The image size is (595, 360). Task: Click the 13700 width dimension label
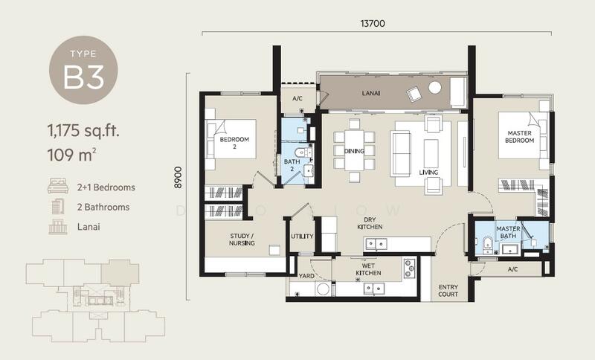(x=373, y=24)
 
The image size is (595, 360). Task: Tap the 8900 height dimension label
(x=178, y=178)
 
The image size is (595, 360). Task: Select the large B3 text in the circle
(x=83, y=77)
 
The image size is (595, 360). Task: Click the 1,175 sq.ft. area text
(x=83, y=131)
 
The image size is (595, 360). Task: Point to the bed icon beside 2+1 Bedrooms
(x=58, y=186)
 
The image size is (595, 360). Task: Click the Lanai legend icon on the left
(x=58, y=226)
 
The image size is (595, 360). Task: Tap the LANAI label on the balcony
(x=370, y=93)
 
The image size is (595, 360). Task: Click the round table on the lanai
(x=435, y=88)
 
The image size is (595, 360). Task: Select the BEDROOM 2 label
(x=234, y=143)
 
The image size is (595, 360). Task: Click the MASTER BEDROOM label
(x=519, y=137)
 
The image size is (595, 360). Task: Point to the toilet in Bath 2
(x=301, y=152)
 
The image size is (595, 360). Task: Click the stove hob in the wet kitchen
(x=410, y=269)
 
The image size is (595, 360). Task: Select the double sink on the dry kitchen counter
(x=376, y=243)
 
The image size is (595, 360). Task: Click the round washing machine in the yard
(x=323, y=289)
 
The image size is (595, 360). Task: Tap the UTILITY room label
(x=302, y=237)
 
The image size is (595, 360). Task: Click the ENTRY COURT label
(x=448, y=291)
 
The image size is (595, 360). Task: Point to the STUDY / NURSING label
(x=242, y=240)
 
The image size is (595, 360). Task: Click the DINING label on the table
(x=354, y=151)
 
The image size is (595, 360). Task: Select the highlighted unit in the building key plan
(x=120, y=272)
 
